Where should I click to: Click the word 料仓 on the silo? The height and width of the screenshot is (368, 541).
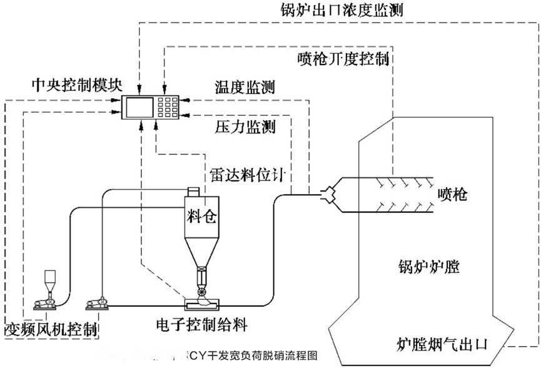[x=201, y=217]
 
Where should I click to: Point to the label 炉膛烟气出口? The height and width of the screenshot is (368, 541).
[x=442, y=344]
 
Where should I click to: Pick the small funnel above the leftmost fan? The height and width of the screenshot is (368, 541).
[x=48, y=282]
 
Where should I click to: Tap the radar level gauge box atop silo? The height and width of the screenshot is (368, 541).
[x=193, y=190]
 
